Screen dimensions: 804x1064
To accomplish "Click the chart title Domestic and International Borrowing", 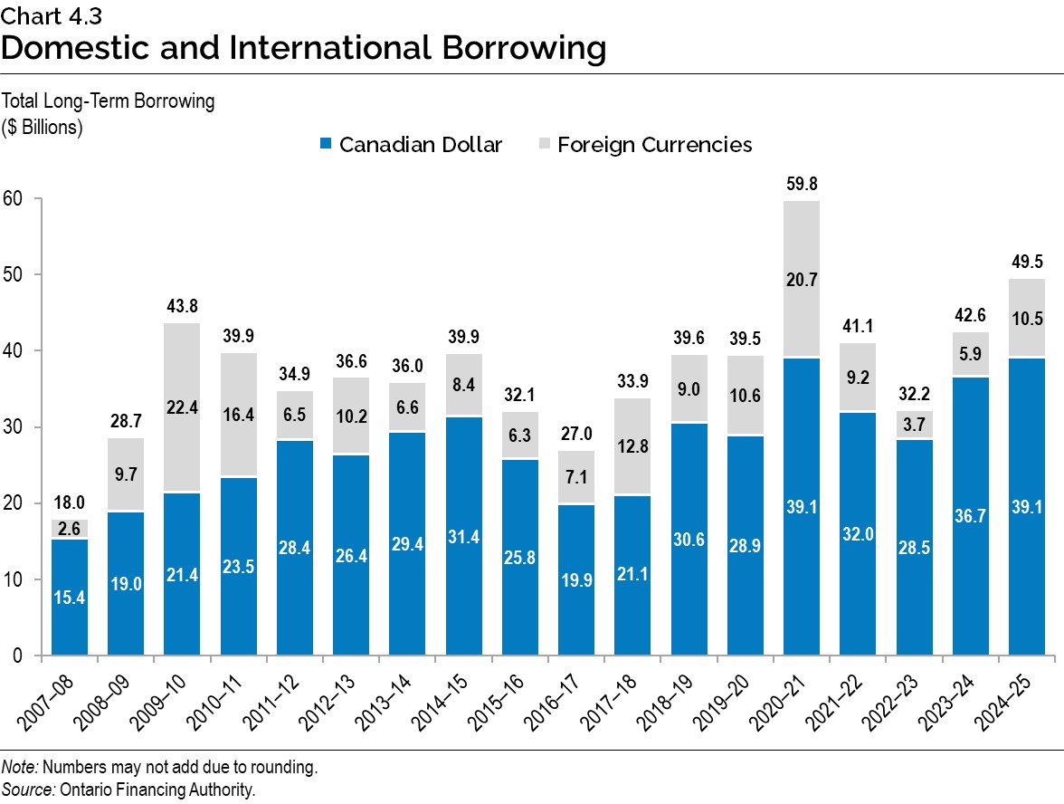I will coord(303,48).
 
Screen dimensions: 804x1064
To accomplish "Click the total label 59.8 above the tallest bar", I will coord(801,184).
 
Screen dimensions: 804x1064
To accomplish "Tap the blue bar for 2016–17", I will coord(576,579).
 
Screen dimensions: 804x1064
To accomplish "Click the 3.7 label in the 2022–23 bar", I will coord(914,424).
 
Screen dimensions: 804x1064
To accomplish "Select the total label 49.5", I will coord(1027,263).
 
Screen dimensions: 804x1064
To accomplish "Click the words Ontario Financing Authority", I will coord(158,789).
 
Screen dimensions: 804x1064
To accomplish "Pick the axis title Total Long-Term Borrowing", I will coord(109,101).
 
